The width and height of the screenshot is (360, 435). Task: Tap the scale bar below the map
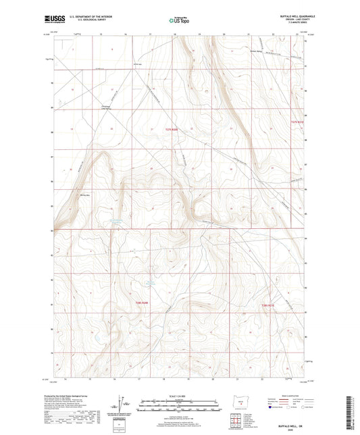point(178,407)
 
